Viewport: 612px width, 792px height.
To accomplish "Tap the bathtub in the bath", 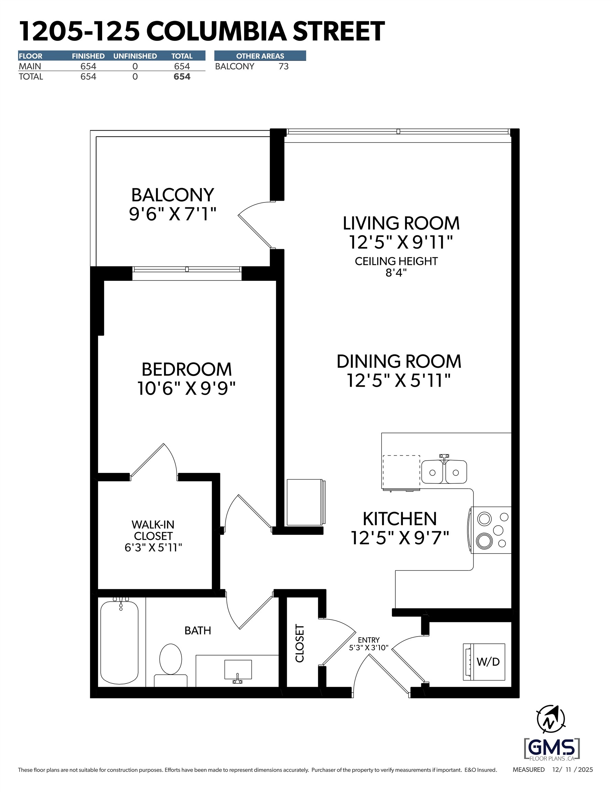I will [x=119, y=642].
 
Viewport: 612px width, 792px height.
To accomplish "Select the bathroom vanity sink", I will [x=238, y=669].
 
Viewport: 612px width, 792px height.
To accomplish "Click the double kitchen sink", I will [x=444, y=472].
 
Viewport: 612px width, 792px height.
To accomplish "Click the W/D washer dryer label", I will [x=488, y=661].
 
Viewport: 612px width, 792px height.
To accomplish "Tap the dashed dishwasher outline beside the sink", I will [x=401, y=472].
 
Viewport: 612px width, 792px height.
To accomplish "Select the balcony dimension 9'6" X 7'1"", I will [x=173, y=214].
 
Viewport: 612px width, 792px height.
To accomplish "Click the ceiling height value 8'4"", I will [x=396, y=273].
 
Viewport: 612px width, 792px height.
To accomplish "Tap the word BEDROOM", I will [x=186, y=370].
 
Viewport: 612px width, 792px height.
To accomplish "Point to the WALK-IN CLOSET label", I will [x=153, y=530].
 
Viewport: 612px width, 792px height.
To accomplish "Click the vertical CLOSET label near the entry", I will [x=300, y=643].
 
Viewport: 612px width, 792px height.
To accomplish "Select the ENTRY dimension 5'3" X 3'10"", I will [x=369, y=648].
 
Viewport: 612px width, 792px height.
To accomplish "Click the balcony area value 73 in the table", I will [x=283, y=66].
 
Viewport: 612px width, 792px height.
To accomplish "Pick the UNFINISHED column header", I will [x=135, y=56].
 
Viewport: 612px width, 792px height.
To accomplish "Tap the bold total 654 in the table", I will [x=182, y=77].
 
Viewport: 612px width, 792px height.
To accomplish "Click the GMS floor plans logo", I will [x=551, y=749].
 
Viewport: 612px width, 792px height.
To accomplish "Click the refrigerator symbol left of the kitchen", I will [x=306, y=502].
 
